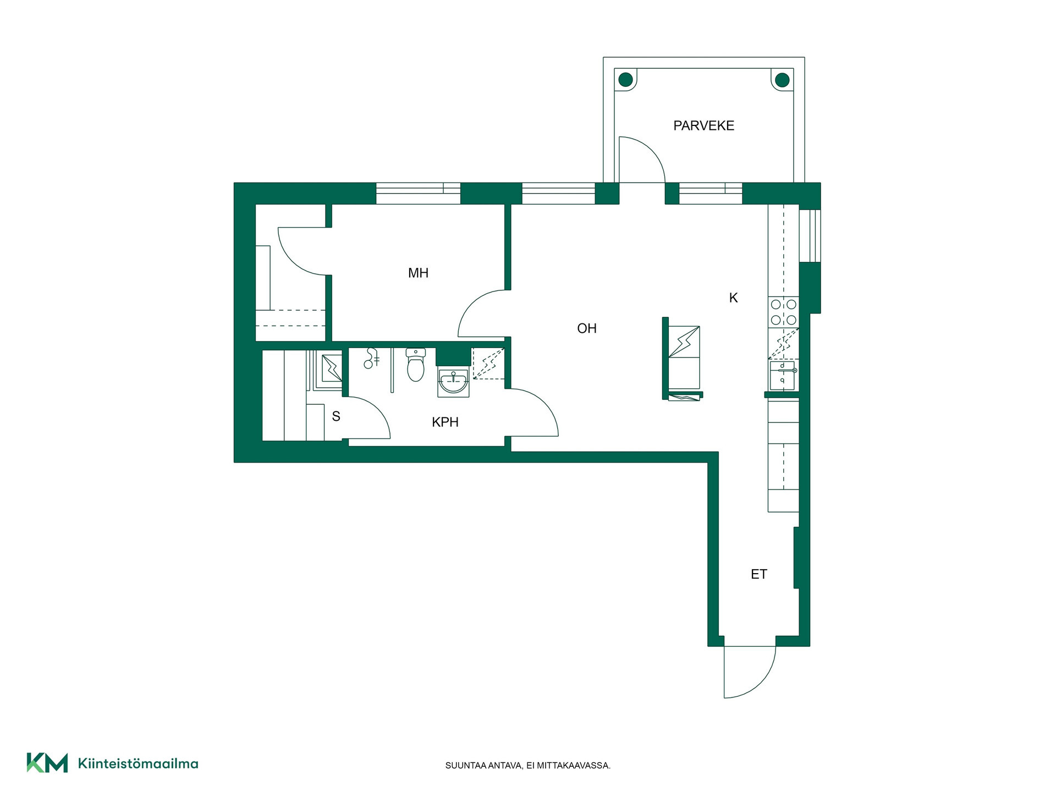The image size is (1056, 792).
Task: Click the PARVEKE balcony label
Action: click(x=703, y=125)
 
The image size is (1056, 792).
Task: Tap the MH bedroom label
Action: click(x=418, y=273)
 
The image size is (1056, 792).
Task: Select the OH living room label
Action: click(x=587, y=328)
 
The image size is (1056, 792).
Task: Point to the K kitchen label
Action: click(x=733, y=298)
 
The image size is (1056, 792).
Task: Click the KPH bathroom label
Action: click(x=445, y=422)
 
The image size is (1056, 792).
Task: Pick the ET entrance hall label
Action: click(x=759, y=574)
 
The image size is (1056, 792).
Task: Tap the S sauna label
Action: click(x=336, y=416)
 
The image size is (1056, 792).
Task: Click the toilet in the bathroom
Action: click(x=416, y=365)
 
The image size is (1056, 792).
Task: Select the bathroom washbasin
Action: click(x=454, y=382)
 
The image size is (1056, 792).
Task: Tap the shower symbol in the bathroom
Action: click(x=372, y=359)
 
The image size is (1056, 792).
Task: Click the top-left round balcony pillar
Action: click(x=625, y=80)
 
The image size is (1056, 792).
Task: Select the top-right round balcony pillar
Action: click(x=782, y=80)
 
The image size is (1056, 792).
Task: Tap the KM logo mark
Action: click(x=47, y=763)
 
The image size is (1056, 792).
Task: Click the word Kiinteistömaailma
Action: click(x=138, y=763)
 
